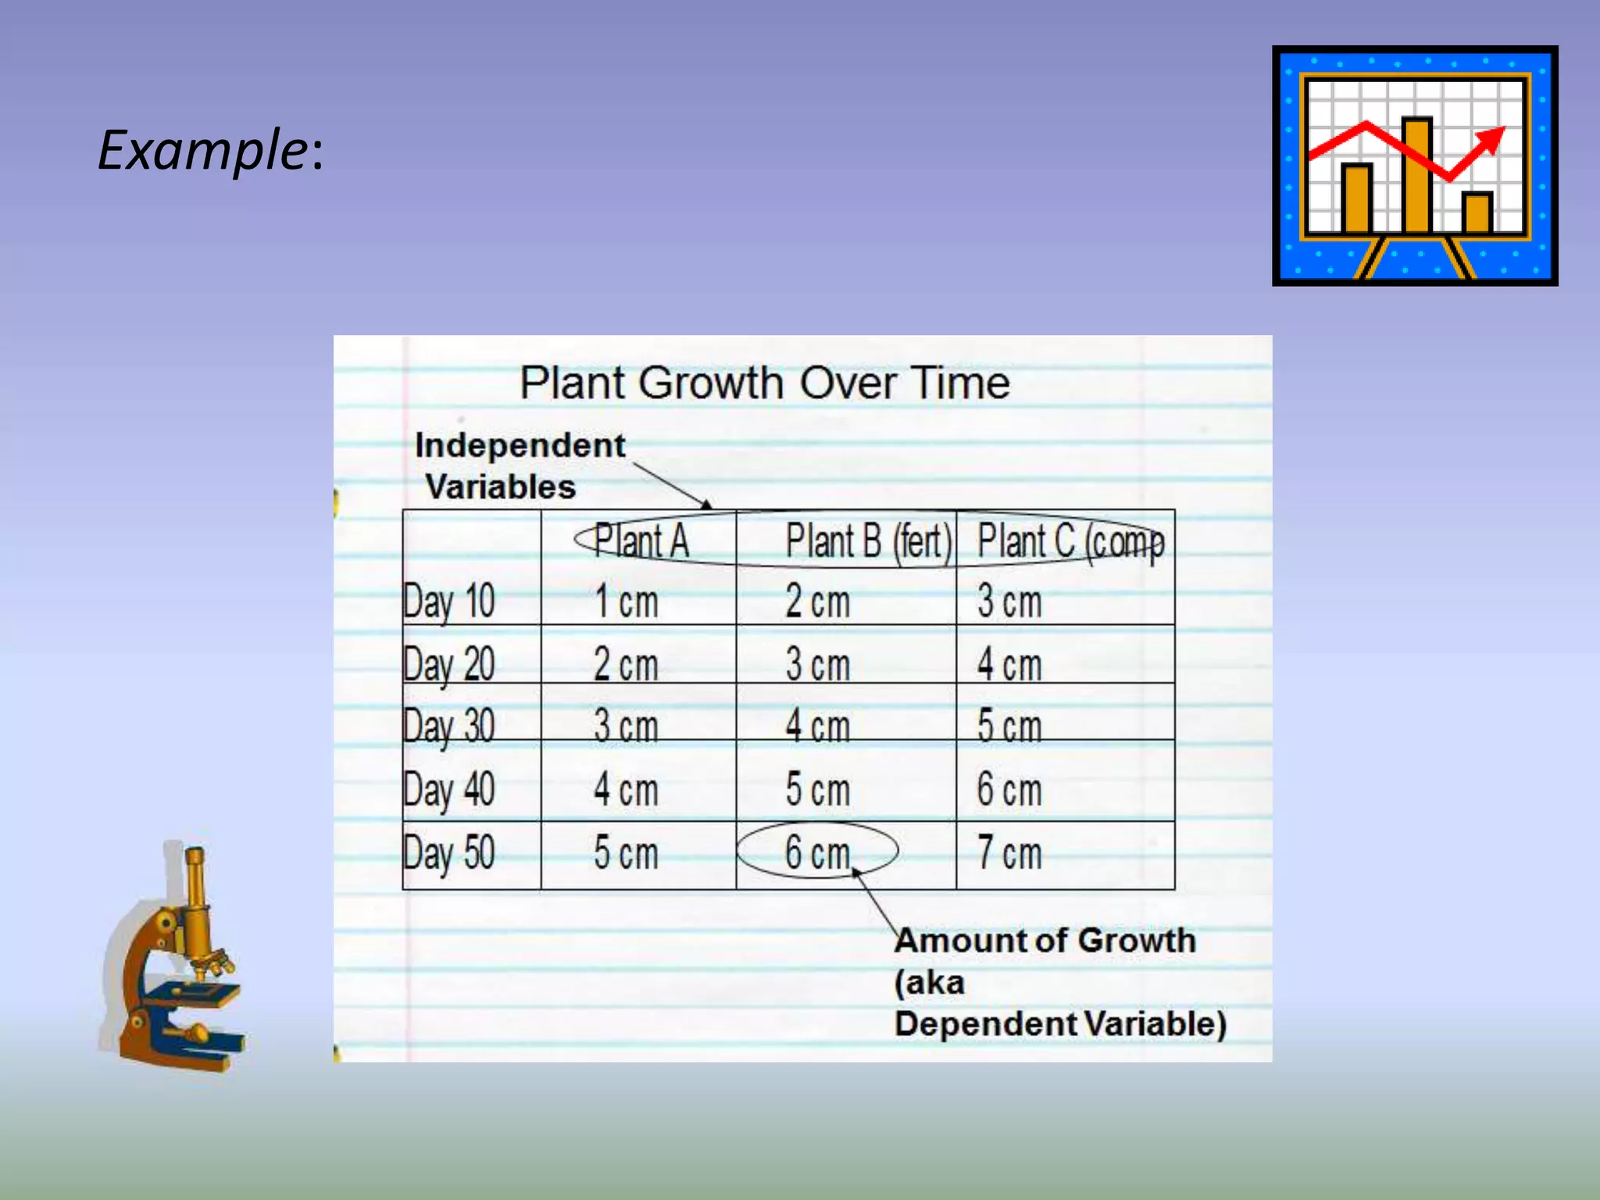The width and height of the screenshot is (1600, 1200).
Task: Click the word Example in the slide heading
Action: (x=202, y=150)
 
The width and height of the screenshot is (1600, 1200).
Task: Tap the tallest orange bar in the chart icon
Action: (x=1416, y=175)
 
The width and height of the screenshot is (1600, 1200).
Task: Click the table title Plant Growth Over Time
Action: (x=765, y=383)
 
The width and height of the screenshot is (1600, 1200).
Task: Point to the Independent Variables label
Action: (x=519, y=466)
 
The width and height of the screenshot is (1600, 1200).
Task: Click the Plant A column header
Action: (x=641, y=541)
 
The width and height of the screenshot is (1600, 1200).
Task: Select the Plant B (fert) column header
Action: (x=868, y=541)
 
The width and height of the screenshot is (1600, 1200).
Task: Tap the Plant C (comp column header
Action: (x=1070, y=541)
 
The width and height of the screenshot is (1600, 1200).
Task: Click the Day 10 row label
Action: (x=448, y=602)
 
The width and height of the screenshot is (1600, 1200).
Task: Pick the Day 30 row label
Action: (x=448, y=726)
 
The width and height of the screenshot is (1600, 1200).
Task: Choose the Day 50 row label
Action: (x=448, y=852)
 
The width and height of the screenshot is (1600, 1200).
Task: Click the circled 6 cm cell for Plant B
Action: (x=817, y=852)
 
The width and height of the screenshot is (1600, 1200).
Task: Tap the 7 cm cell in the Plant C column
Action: (x=1009, y=852)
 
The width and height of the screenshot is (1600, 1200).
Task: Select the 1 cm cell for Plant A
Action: (x=626, y=602)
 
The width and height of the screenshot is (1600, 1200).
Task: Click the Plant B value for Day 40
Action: (x=817, y=789)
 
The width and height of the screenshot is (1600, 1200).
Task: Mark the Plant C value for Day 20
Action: (x=1009, y=665)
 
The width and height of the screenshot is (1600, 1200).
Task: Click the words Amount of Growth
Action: (x=1045, y=941)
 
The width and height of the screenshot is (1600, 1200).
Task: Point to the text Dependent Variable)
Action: (x=1060, y=1023)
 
